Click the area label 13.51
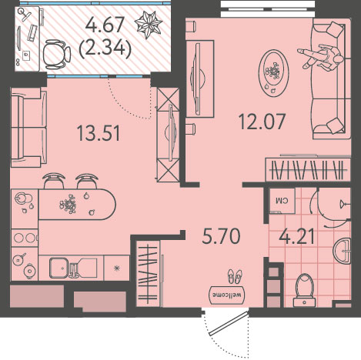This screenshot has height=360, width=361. coord(99,134)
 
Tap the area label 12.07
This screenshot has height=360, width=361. coord(262,122)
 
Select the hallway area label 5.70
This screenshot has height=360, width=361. coord(221,236)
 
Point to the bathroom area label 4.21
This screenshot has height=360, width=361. coord(296,236)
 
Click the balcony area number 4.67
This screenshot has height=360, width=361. coord(105,25)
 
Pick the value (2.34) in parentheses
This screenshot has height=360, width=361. coord(105,48)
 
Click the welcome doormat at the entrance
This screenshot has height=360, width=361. coord(227,295)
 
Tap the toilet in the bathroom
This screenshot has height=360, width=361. coord(305,290)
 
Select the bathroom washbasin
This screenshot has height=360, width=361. coord(343,252)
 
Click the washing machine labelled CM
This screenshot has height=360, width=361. coord(282,201)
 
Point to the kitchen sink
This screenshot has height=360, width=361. coord(59,268)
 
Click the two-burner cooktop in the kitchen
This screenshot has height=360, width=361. coord(25,238)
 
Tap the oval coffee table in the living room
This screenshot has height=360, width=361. coord(274,73)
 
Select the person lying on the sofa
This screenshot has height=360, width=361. coord(321,57)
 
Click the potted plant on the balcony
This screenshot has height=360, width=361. coord(149,25)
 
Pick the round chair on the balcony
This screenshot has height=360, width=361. coord(56,55)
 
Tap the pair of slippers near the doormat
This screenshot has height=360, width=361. coord(235,276)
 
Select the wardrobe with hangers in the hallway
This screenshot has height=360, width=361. coord(149,274)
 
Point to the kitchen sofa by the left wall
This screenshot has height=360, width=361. coord(28,128)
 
